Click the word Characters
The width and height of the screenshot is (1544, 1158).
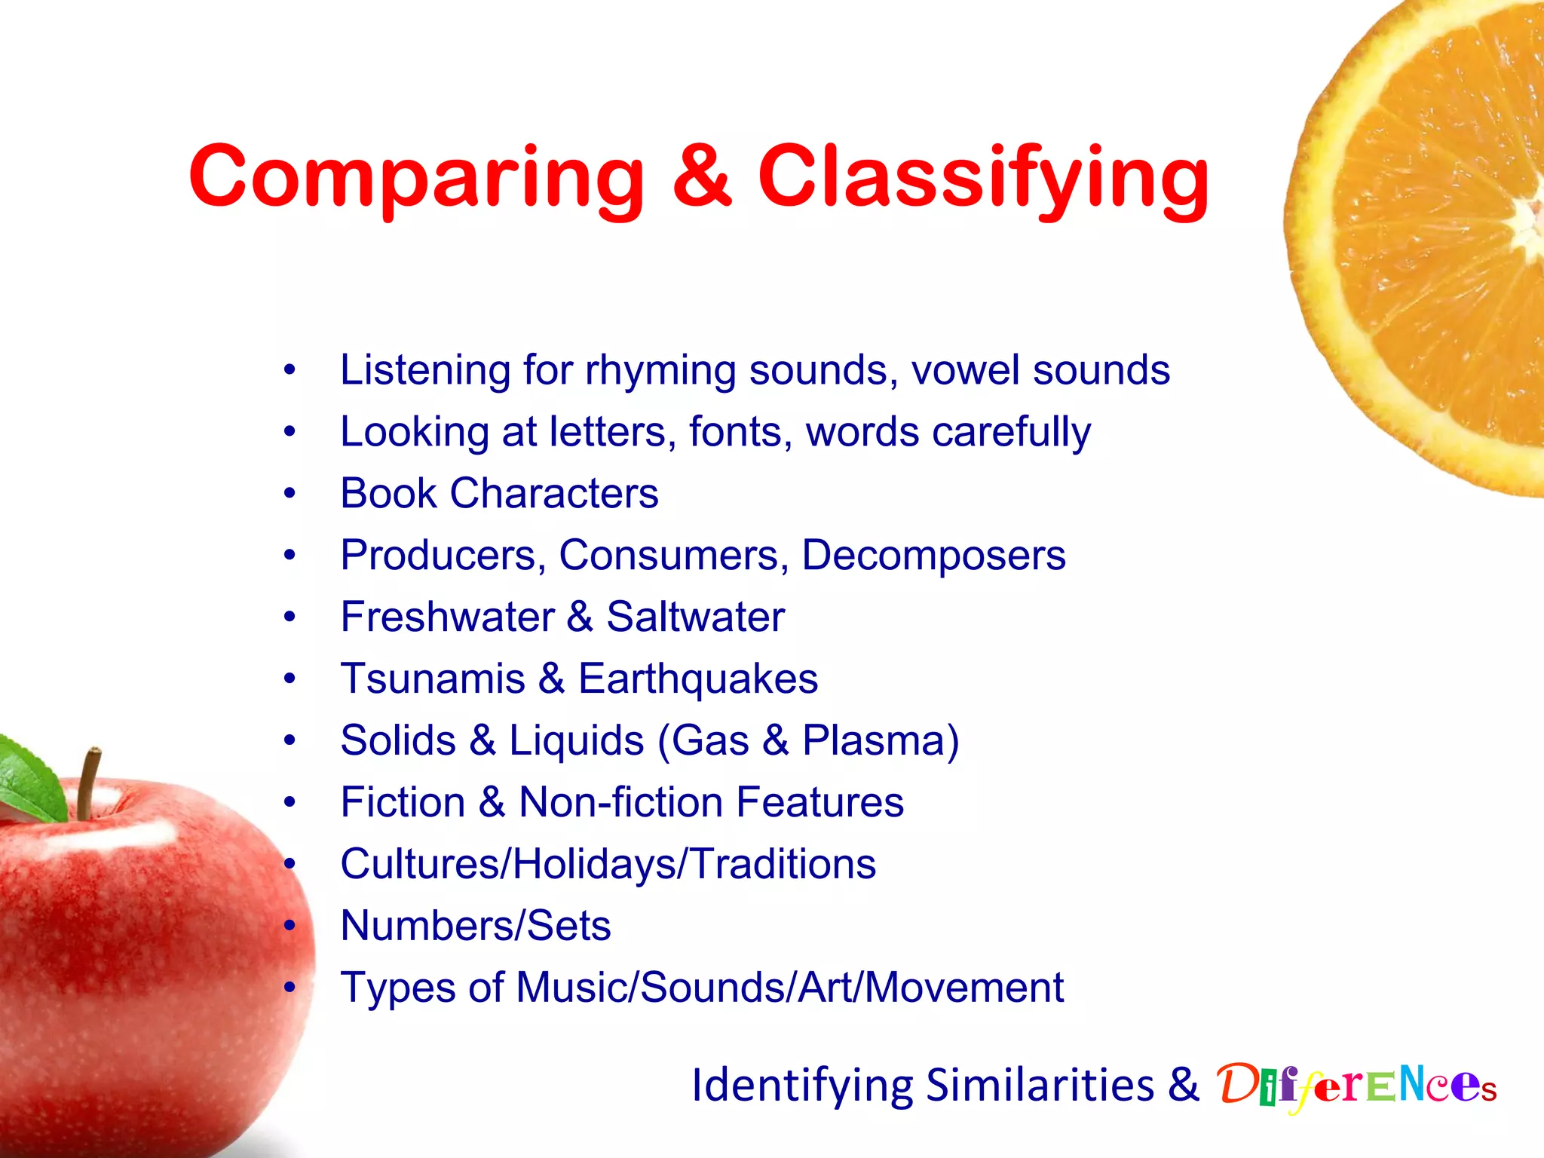point(553,494)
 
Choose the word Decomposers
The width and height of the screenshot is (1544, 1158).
point(933,556)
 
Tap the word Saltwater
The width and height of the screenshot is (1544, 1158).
point(695,617)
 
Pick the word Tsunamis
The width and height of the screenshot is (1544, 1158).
point(433,679)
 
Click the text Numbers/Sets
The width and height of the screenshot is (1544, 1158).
point(475,926)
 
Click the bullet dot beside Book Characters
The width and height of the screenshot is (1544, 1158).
point(290,494)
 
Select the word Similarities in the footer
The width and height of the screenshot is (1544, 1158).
point(1040,1086)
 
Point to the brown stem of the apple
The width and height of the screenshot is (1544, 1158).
point(88,784)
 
